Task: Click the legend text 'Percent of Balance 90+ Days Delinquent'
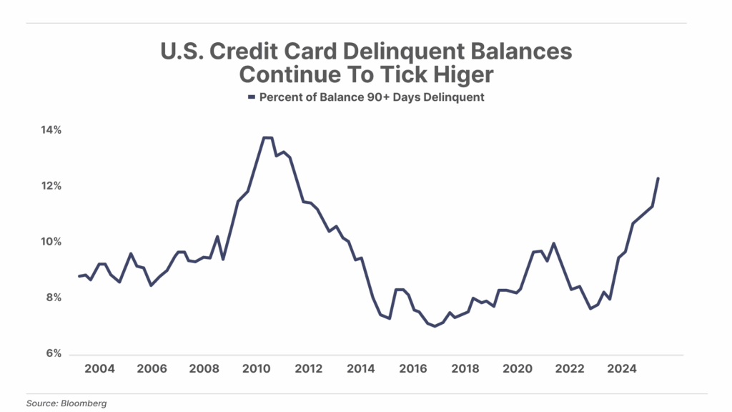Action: [371, 97]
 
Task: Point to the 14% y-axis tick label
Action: [51, 130]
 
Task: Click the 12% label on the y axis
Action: [51, 186]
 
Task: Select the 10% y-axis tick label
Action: [51, 242]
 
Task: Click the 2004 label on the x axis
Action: [99, 369]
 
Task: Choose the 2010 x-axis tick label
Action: [256, 369]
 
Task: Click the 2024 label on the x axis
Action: [622, 369]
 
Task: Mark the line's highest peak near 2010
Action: [268, 137]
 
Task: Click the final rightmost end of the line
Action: [658, 178]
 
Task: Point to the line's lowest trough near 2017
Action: [434, 326]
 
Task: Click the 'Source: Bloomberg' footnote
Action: [66, 403]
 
